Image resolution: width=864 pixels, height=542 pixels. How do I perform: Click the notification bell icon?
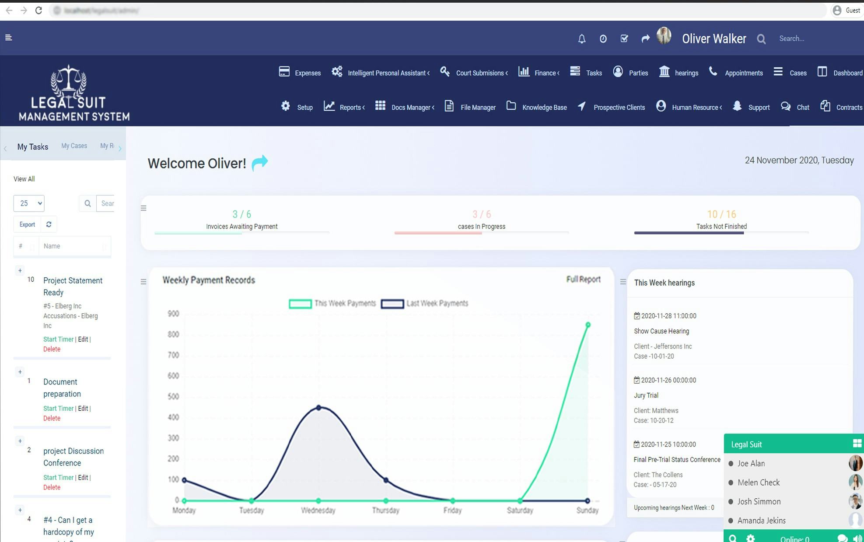click(x=581, y=39)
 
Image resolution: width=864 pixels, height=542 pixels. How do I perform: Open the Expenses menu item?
click(x=300, y=73)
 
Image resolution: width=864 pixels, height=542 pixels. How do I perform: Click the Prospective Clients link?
click(x=611, y=107)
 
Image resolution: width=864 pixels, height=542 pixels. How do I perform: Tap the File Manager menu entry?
click(x=470, y=107)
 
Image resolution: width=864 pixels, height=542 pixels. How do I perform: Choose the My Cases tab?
click(x=74, y=146)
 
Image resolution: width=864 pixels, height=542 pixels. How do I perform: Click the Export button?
click(x=27, y=224)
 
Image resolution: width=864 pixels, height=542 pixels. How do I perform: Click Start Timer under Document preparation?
click(x=58, y=408)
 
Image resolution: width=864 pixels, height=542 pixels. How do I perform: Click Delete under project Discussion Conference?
click(x=52, y=487)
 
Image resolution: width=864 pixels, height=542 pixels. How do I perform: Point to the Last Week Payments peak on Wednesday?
click(x=318, y=407)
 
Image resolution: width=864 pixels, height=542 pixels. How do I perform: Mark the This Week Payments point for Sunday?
click(x=588, y=325)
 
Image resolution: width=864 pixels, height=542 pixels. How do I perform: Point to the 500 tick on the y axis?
click(x=173, y=396)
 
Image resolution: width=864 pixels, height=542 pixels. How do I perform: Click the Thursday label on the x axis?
click(x=385, y=510)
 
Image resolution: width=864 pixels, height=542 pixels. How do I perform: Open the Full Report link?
click(x=583, y=279)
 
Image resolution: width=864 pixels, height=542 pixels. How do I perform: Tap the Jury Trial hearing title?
click(x=646, y=395)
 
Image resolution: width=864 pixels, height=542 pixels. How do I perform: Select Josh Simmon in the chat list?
click(x=759, y=501)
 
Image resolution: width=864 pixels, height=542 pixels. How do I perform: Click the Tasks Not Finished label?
click(x=721, y=227)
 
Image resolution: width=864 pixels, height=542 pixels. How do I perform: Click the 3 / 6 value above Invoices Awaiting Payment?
click(x=241, y=214)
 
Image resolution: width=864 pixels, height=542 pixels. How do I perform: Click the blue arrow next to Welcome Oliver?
click(x=259, y=163)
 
